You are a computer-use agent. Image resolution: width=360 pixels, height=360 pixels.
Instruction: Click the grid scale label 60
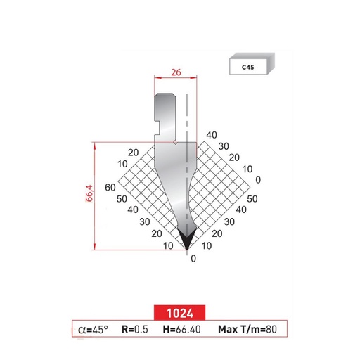tap(109, 187)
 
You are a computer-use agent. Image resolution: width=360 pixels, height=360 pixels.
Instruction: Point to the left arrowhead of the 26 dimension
tap(155, 77)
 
